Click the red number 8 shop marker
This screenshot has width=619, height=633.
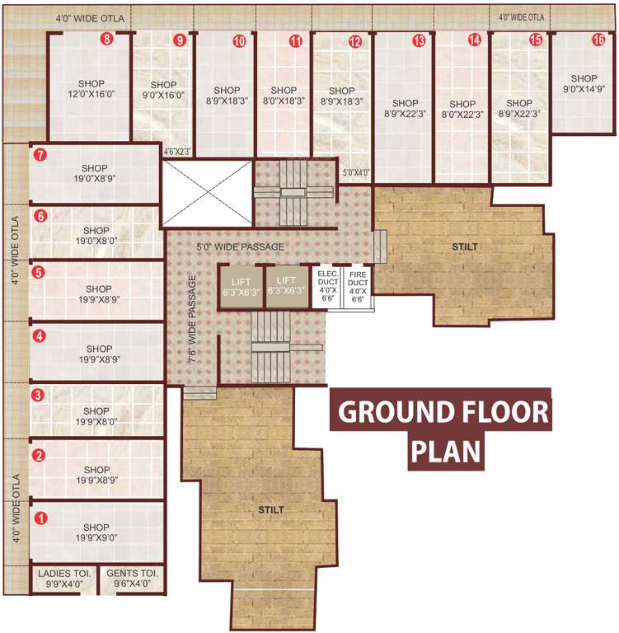[x=106, y=39]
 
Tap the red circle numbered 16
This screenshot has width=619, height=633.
[x=598, y=39]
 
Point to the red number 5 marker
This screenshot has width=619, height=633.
[x=38, y=271]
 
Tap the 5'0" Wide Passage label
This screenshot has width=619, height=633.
[x=240, y=246]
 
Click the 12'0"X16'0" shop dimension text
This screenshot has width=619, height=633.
[x=92, y=95]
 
